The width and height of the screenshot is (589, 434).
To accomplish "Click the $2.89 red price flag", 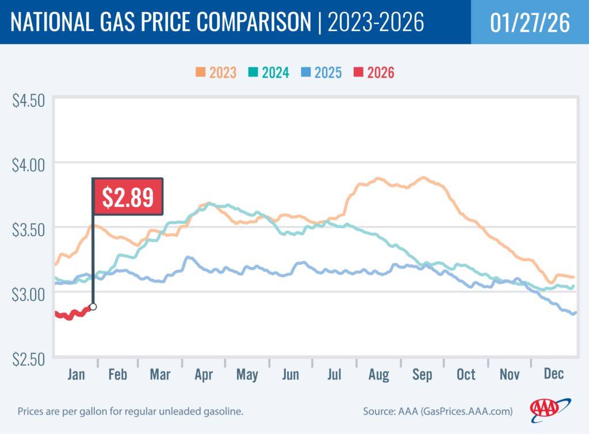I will tap(128, 197).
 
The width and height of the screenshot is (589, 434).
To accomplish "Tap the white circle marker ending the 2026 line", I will tap(93, 306).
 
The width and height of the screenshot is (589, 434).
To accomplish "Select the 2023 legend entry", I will tap(216, 73).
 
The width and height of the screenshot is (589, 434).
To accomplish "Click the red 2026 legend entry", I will tap(374, 73).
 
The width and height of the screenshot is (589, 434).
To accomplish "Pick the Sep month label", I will tap(423, 375).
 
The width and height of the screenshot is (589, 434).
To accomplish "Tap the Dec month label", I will tap(553, 375).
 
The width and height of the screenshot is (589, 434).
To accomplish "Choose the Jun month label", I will tap(291, 375).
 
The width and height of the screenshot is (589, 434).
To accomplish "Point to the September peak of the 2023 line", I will tap(423, 178).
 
